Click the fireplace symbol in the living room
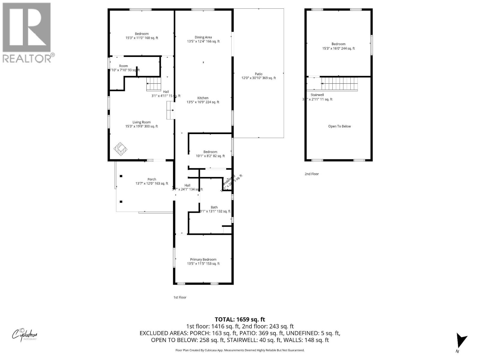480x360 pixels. [121, 149]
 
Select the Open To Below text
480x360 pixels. [339, 126]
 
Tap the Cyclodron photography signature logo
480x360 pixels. [25, 334]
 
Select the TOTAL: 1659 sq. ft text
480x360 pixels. [240, 319]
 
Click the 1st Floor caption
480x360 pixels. [180, 297]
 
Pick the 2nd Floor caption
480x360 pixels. [312, 174]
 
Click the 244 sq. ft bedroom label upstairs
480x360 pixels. [338, 46]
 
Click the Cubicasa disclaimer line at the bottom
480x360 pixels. [240, 350]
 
